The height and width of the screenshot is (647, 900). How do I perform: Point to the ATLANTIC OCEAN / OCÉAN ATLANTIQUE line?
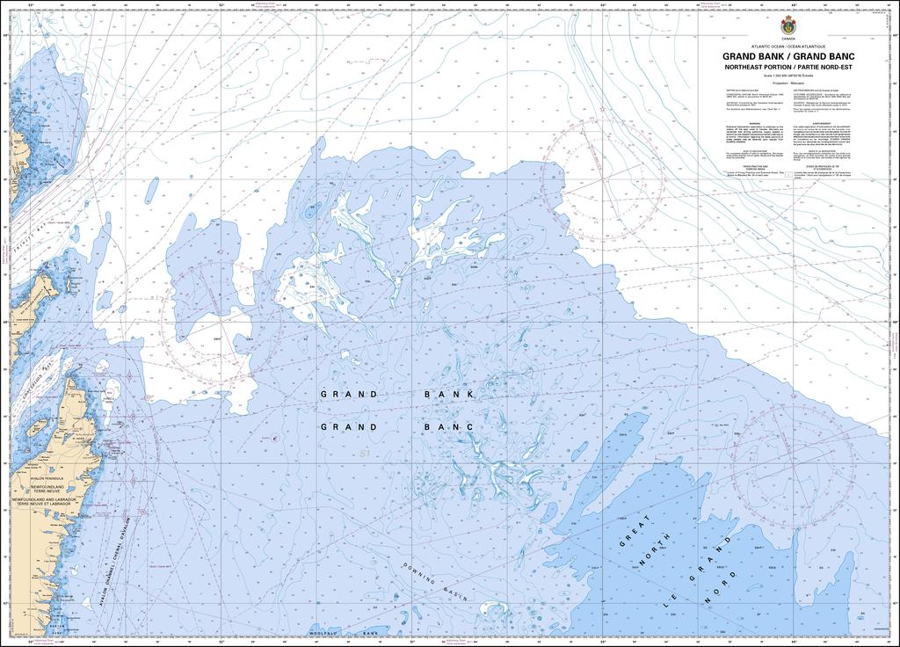tap(786, 46)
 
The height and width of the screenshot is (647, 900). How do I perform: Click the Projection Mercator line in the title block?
tap(786, 84)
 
